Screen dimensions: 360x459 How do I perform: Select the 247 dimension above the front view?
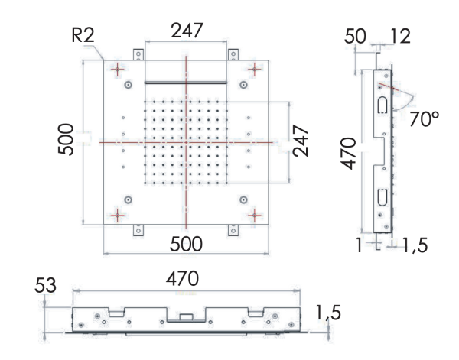point(187,31)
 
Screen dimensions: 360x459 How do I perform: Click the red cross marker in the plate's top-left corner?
point(117,69)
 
